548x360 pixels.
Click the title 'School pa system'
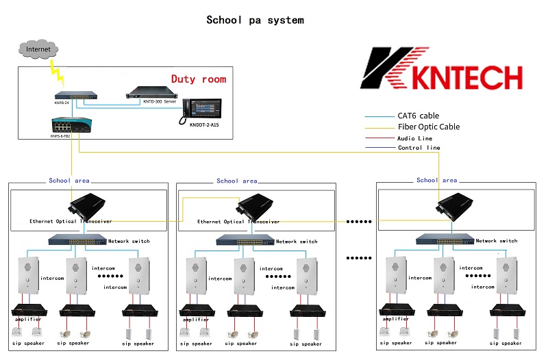[255, 20]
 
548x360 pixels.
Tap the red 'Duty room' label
[198, 79]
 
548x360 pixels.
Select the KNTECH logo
[441, 68]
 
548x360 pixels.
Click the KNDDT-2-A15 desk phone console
[198, 109]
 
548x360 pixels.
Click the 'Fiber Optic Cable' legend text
[428, 127]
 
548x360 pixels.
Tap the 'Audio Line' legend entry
[415, 138]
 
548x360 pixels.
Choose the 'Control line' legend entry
[419, 148]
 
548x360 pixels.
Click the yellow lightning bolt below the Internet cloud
[54, 70]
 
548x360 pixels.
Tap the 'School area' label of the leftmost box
[68, 181]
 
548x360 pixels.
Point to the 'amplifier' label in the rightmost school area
[396, 319]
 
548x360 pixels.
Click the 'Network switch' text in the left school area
[129, 241]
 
